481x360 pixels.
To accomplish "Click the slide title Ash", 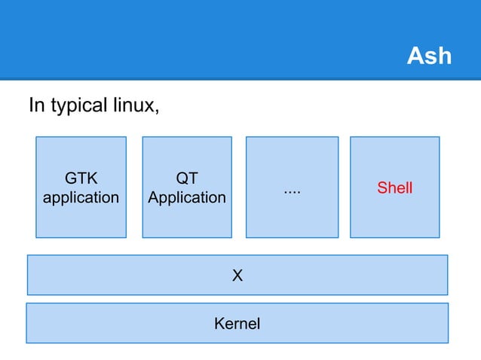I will (x=428, y=56).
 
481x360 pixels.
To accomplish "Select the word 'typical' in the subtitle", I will (x=79, y=105).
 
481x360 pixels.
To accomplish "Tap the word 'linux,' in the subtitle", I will (x=136, y=105).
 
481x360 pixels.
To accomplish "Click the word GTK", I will (x=81, y=179).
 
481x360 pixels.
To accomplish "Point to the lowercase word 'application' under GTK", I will (x=81, y=198).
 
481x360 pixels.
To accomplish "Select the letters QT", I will (x=186, y=179).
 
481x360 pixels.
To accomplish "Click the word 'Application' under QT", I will (x=186, y=198).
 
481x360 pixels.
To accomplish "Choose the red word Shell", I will (x=394, y=188).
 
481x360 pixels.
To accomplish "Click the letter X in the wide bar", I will (x=237, y=276).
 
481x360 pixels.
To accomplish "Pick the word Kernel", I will (x=237, y=325).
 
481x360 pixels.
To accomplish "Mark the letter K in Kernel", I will (x=219, y=325).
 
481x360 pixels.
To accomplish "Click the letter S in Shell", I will (x=381, y=188).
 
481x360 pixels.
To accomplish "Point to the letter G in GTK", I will (x=70, y=179).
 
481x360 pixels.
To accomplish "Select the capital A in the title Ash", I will (x=415, y=56).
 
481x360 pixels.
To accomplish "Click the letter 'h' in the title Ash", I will (x=443, y=56).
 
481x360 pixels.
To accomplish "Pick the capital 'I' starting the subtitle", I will (x=31, y=105).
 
